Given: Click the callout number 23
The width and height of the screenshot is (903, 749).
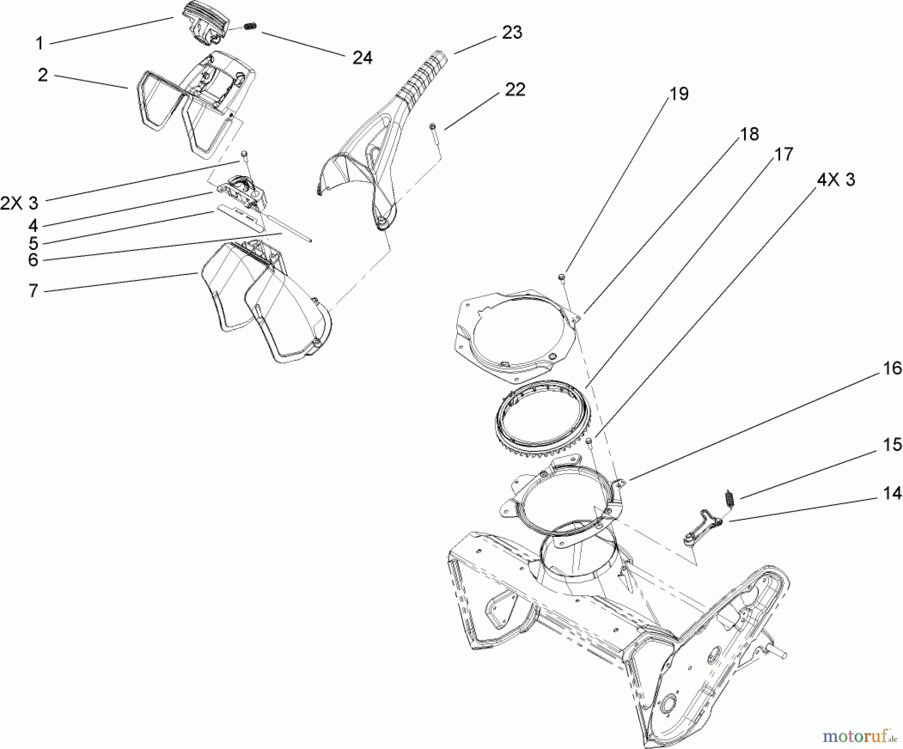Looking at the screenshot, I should pos(512,33).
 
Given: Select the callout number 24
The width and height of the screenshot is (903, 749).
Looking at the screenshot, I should pos(362,58).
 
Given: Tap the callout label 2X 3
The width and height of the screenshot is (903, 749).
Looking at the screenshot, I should pos(19,203).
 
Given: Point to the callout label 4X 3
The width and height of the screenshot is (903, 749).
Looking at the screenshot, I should pos(836,179).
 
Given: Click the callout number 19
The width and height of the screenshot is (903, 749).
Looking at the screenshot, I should pos(679,94).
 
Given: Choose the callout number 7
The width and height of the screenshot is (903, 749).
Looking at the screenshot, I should pos(33,290).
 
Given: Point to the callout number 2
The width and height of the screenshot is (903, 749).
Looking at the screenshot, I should pos(43,75).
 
